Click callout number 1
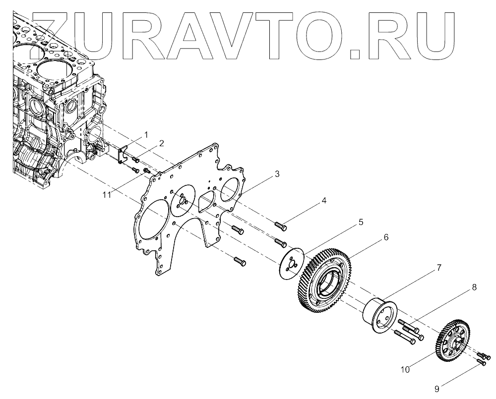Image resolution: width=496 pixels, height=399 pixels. (146, 134)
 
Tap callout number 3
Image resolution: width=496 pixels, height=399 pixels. (277, 174)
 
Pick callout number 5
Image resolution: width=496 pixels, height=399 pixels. (361, 222)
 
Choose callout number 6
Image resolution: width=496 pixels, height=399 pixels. (385, 238)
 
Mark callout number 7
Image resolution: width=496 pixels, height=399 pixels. (439, 268)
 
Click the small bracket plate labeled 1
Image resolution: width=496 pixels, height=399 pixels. (124, 153)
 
